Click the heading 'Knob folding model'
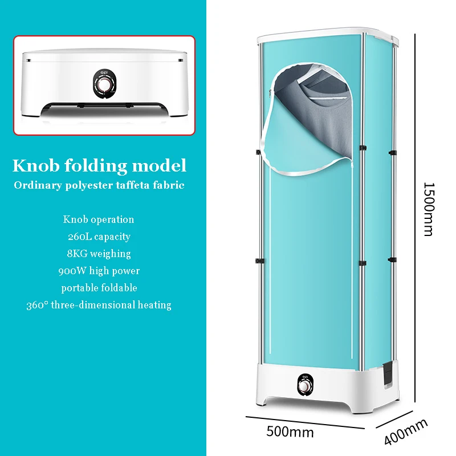[100, 166]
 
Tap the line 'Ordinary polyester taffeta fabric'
[100, 185]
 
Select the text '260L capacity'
[99, 236]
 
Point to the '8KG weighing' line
[99, 253]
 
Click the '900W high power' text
[99, 270]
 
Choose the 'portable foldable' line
[99, 287]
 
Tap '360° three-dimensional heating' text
[99, 305]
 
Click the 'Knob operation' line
[99, 219]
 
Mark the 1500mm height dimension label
[429, 209]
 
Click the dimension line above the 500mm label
[305, 421]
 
